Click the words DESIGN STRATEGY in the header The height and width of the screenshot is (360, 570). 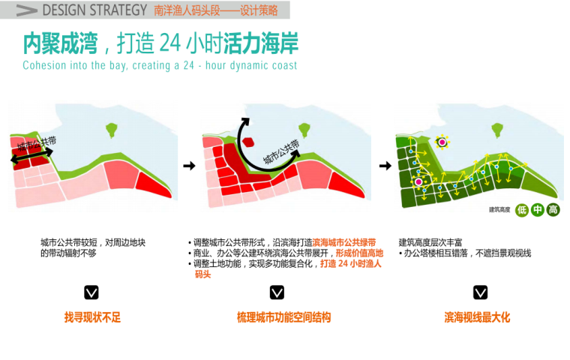94,10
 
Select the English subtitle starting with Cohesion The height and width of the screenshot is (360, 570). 160,65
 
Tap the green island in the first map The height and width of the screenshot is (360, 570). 113,129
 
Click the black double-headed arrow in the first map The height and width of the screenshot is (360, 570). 31,156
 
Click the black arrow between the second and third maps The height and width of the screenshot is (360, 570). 384,166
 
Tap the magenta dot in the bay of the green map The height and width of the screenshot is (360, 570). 442,142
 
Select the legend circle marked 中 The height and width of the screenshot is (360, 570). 537,210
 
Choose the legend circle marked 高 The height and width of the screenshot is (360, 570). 553,210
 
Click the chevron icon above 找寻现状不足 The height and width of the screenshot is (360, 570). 91,292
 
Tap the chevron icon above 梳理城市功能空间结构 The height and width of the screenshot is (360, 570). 277,292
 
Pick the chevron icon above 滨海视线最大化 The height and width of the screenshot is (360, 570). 480,292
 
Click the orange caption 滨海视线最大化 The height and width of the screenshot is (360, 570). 477,318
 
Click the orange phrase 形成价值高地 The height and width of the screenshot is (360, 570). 359,253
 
